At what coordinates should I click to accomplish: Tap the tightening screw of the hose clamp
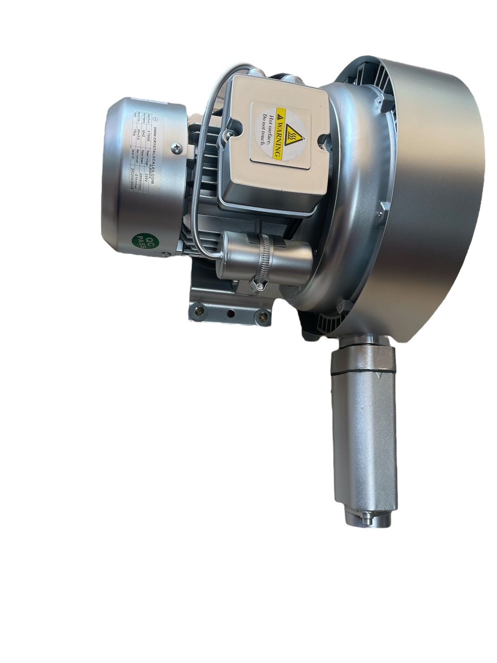click(x=259, y=284)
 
